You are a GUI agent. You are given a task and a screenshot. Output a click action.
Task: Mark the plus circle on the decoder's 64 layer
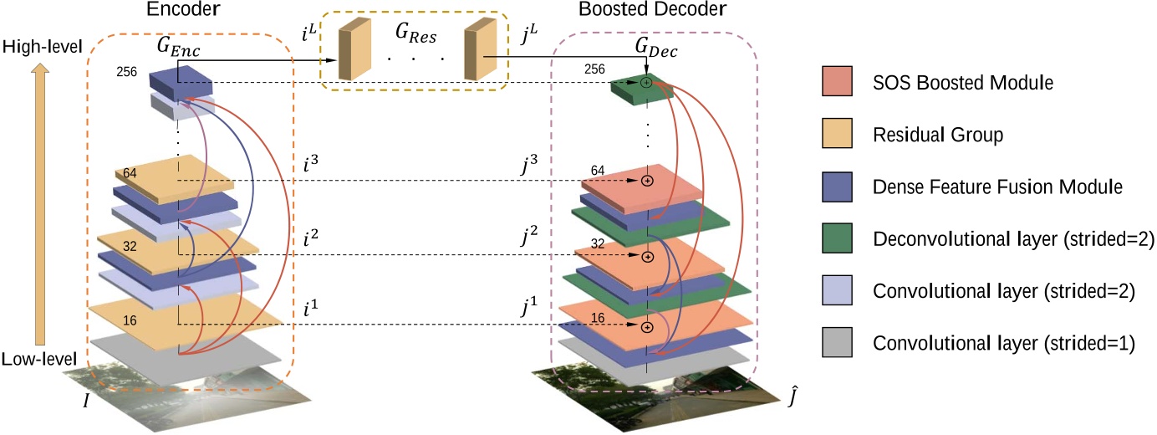[x=646, y=181]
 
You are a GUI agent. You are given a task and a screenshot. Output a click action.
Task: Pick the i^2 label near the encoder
[x=312, y=237]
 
